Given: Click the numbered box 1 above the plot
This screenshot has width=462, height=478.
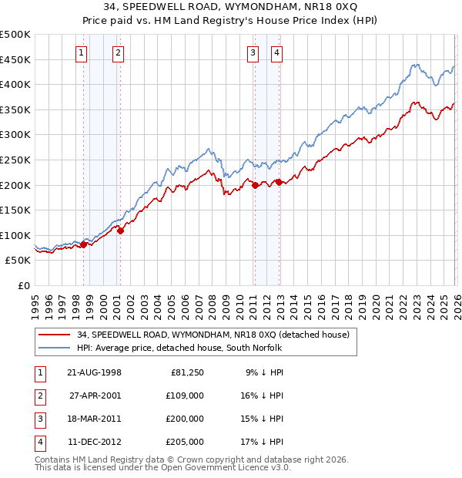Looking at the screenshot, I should click(82, 53).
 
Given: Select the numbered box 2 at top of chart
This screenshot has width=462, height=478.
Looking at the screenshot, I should click(118, 53).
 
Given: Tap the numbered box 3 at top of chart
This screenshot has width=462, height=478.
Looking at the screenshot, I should click(253, 53).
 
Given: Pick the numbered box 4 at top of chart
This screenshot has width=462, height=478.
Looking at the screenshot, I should click(276, 53).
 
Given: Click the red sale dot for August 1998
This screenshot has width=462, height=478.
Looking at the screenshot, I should click(84, 244).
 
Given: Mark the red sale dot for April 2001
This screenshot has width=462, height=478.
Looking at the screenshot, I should click(120, 230).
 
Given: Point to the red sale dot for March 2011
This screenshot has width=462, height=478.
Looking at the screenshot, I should click(255, 185).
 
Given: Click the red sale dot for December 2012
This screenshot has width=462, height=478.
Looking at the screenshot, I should click(279, 182).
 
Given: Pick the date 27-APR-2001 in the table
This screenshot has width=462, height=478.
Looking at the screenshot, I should click(94, 396).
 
